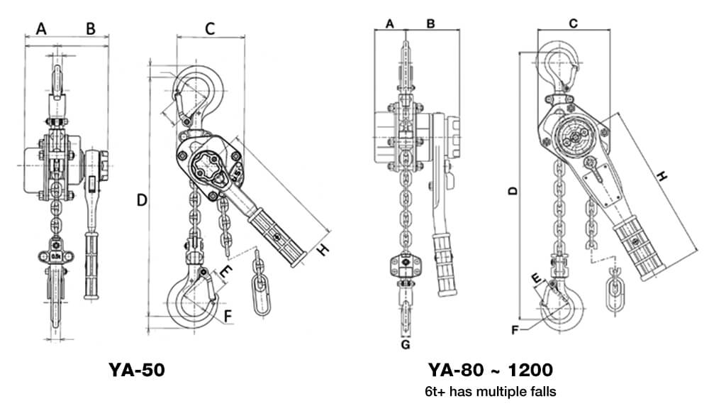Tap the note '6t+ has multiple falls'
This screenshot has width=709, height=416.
[491, 391]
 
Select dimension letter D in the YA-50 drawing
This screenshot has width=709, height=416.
[141, 201]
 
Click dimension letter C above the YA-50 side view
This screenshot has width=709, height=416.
[210, 28]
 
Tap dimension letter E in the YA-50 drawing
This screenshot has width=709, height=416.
[225, 270]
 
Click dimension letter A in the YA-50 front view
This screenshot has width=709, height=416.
[41, 28]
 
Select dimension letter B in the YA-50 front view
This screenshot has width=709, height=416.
[90, 28]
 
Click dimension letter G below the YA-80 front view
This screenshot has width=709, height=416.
[405, 346]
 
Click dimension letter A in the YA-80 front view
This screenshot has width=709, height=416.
[389, 23]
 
